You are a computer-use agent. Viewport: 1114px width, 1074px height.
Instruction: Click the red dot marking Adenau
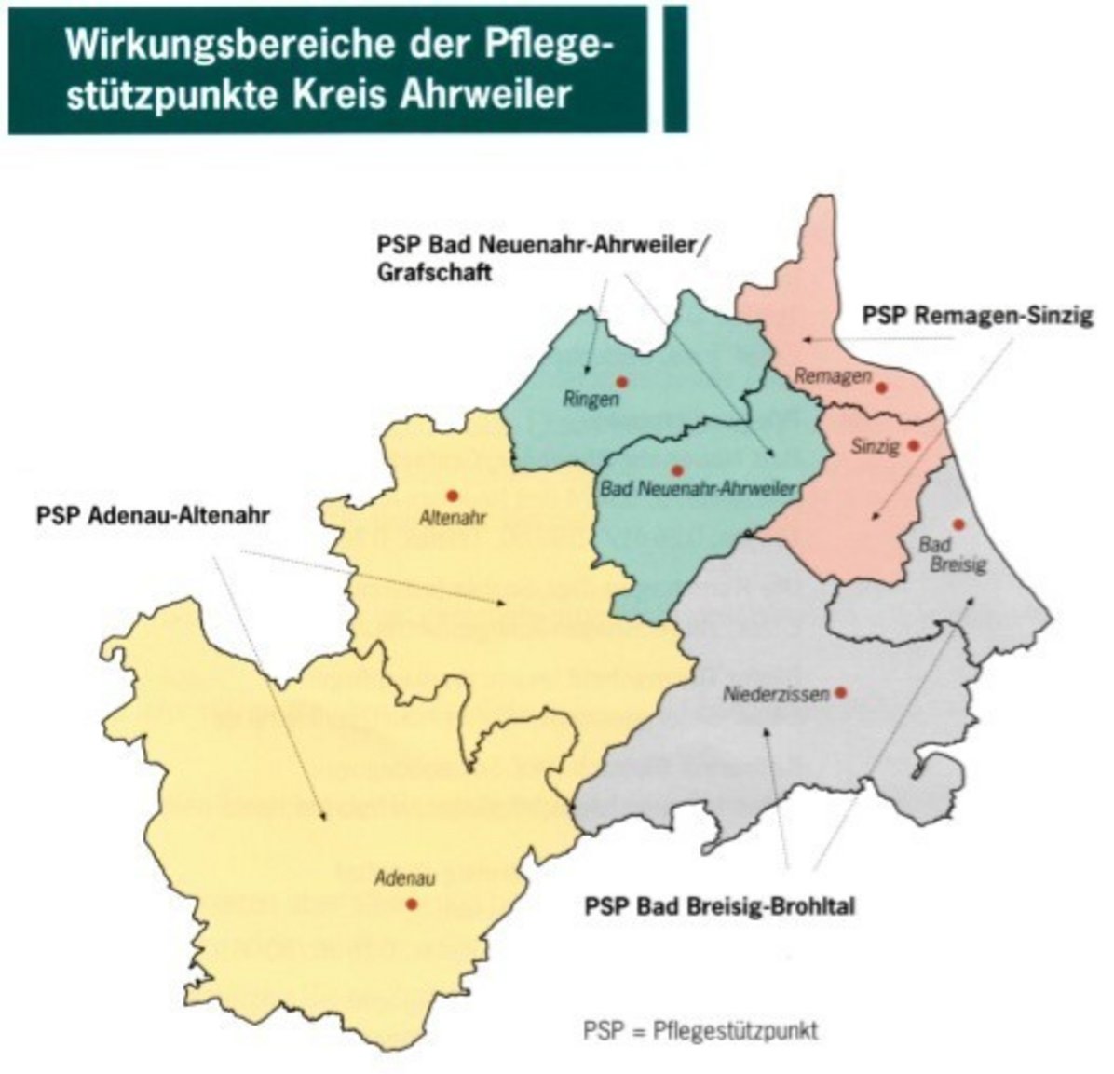coord(412,904)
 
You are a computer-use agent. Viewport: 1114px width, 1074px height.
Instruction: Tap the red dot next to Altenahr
coord(453,496)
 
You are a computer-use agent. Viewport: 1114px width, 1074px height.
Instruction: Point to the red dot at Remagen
coord(881,387)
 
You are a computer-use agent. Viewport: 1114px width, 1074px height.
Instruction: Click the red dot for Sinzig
coord(914,446)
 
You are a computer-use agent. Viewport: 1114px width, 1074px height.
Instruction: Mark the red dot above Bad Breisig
coord(958,525)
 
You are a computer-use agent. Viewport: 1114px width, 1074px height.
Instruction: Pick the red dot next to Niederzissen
coord(840,692)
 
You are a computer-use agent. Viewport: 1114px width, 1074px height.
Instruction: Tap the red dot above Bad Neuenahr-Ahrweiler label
coord(677,470)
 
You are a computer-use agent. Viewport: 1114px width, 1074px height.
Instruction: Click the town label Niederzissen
coord(775,695)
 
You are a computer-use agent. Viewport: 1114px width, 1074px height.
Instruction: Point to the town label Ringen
coord(590,401)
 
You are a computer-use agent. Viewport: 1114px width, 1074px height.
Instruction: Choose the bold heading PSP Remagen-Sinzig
coord(976,316)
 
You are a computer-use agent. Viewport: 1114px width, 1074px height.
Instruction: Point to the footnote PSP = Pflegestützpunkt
coord(700,1031)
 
